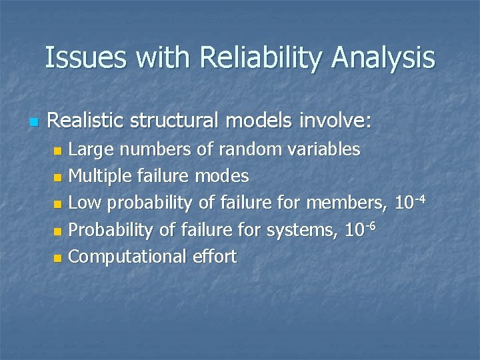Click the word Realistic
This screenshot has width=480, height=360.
pos(85,121)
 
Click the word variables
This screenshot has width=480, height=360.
pos(327,149)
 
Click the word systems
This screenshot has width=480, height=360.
pos(303,231)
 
